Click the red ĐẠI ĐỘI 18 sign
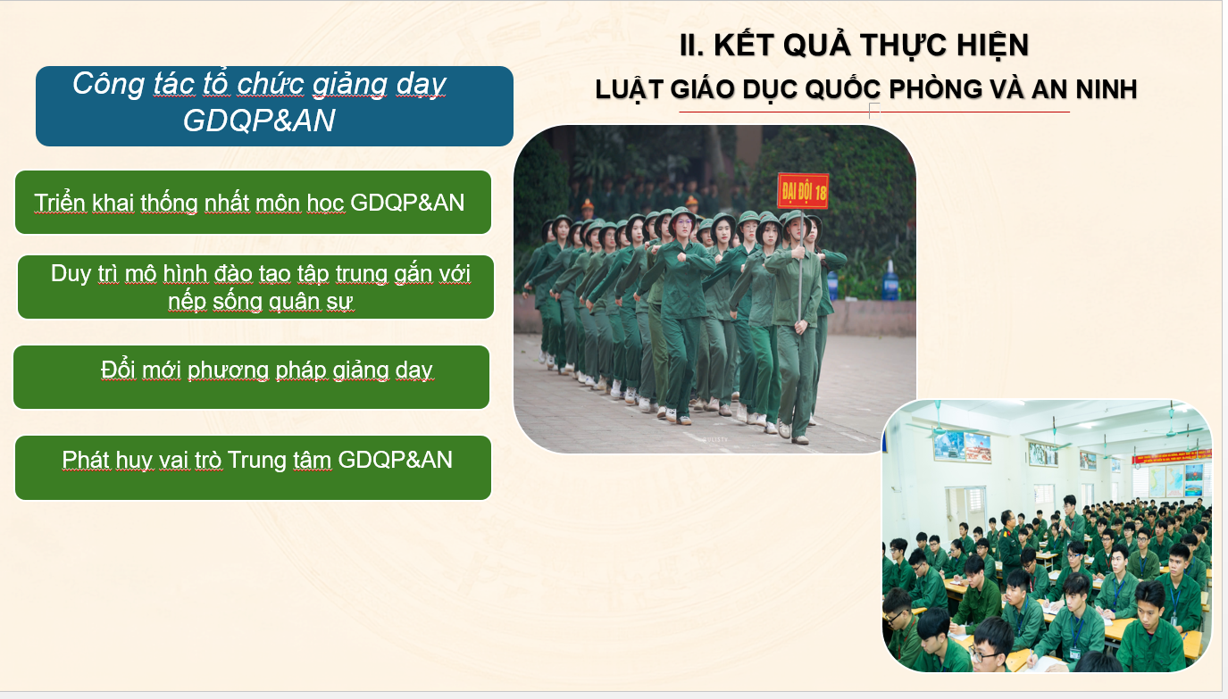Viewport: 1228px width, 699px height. coord(803,191)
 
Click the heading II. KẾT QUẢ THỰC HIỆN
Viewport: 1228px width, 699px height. coord(854,45)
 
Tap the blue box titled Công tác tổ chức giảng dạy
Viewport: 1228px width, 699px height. coord(275,106)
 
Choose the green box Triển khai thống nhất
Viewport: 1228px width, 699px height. coord(254,202)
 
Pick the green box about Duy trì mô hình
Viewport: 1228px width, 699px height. coord(255,287)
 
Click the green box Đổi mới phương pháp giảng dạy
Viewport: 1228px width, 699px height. coord(252,377)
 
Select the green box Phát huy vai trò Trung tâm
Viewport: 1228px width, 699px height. coord(254,467)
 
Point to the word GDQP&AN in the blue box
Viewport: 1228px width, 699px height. coord(259,121)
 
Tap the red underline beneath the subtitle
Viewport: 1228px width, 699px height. coord(874,112)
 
